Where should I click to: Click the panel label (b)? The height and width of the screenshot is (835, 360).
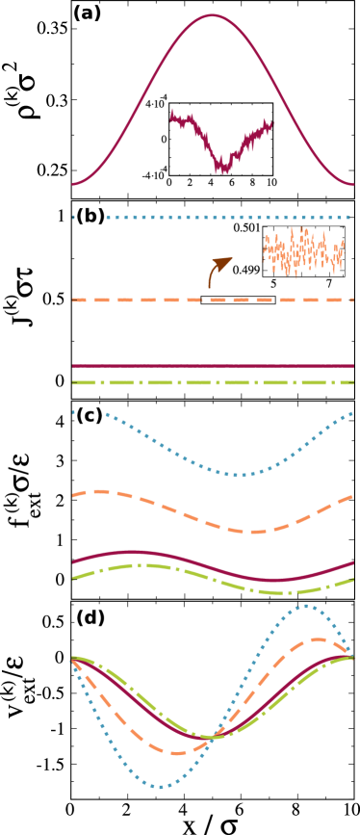(90, 216)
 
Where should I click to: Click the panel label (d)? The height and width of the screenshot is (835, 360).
(90, 617)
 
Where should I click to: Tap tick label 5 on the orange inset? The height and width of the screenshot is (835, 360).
(273, 283)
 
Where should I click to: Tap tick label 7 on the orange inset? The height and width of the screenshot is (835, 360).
(329, 283)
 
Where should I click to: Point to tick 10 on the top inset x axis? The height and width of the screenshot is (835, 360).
(270, 183)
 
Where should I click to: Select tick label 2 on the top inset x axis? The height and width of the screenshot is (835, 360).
(190, 183)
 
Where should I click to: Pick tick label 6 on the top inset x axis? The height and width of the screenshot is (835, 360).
(231, 183)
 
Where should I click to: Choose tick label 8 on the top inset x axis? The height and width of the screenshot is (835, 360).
(252, 183)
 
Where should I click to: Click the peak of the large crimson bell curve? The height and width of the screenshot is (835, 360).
(213, 14)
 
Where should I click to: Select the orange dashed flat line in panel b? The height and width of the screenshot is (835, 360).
(144, 300)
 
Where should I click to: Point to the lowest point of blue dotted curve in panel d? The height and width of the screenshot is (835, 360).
(162, 787)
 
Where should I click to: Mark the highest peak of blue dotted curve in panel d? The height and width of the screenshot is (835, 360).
(305, 606)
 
